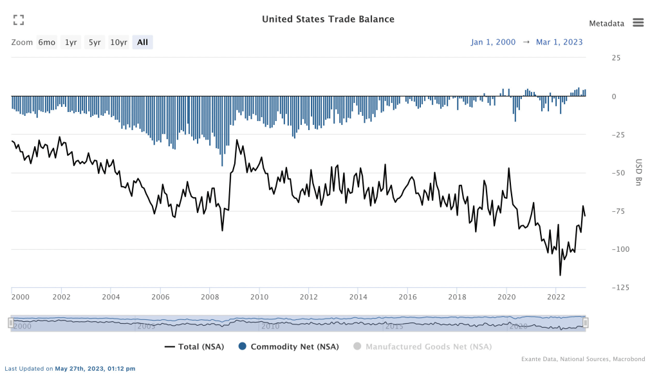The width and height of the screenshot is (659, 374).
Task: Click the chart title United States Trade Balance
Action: point(328,19)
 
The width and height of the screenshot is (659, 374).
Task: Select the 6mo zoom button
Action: point(46,42)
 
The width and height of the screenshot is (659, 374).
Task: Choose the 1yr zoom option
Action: point(71,42)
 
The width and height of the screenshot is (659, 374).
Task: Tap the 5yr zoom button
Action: point(95,42)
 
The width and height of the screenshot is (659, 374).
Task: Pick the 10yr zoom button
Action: point(118,42)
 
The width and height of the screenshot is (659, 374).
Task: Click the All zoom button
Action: point(142,42)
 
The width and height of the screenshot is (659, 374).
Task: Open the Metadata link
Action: point(606,23)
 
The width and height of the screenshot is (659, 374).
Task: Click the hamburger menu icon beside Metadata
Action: point(638,23)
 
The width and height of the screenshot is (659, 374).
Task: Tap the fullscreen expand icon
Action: point(19,20)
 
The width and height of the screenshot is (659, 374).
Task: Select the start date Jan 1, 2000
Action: point(493,42)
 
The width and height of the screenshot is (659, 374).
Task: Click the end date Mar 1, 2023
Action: point(559,42)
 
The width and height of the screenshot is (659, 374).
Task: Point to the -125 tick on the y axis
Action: point(618,287)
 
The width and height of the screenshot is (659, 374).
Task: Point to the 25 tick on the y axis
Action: point(616,58)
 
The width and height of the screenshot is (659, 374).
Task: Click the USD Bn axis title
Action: point(639,172)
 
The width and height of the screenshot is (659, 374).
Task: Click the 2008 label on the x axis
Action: point(210,297)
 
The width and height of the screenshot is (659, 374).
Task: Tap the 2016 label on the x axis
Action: point(407,297)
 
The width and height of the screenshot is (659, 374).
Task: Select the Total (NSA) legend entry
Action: point(194,347)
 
